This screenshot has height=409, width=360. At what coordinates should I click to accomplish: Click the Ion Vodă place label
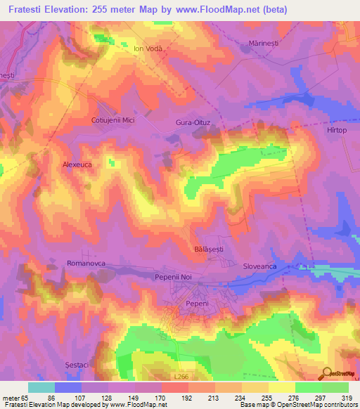[x=148, y=49]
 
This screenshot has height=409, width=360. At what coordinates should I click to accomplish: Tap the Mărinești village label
[x=264, y=44]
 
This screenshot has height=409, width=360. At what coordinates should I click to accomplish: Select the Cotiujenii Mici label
[x=112, y=120]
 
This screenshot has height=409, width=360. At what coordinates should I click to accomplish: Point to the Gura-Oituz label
[x=193, y=122]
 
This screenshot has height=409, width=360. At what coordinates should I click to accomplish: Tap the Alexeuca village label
[x=77, y=163]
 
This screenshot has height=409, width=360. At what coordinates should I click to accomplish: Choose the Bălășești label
[x=207, y=249]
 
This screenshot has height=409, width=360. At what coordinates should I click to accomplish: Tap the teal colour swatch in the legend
[x=41, y=387]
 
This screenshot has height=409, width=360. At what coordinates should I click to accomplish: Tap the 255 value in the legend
[x=267, y=398]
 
